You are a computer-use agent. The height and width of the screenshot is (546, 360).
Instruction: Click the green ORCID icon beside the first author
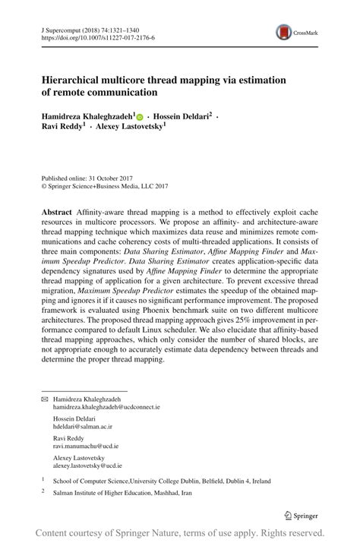coord(140,117)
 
